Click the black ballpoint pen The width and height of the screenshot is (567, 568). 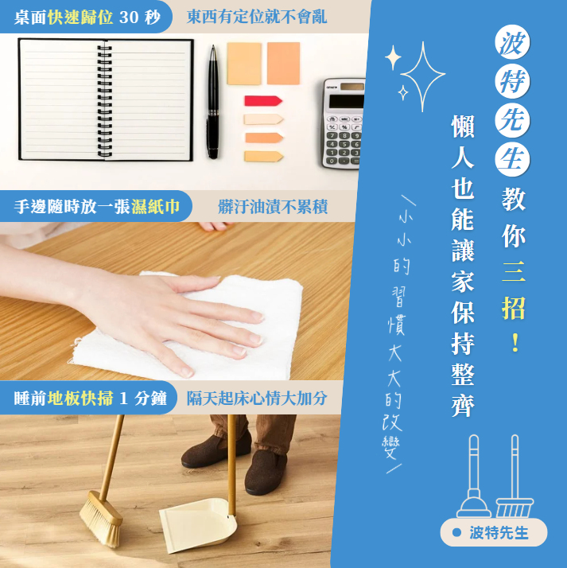tap(213, 102)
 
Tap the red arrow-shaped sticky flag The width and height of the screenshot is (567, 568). tap(263, 101)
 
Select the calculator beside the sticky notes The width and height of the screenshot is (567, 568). tap(344, 123)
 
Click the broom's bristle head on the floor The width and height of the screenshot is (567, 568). tap(101, 518)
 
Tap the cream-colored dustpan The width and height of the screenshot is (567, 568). tap(198, 524)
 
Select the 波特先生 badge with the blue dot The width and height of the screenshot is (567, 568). tap(494, 532)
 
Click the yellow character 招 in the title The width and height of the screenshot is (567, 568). tap(513, 308)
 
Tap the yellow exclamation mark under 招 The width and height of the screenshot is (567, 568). tap(515, 343)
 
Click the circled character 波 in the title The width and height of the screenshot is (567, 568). tap(512, 42)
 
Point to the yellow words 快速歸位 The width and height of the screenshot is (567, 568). tap(80, 17)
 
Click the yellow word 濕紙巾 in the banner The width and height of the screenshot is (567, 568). tap(156, 207)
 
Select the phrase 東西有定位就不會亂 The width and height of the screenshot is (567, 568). tap(257, 17)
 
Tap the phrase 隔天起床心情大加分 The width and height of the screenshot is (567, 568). tap(257, 398)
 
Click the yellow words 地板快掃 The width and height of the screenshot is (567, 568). tap(80, 398)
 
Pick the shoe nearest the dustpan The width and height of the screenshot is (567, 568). tap(266, 473)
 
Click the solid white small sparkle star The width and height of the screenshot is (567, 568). tap(393, 57)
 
